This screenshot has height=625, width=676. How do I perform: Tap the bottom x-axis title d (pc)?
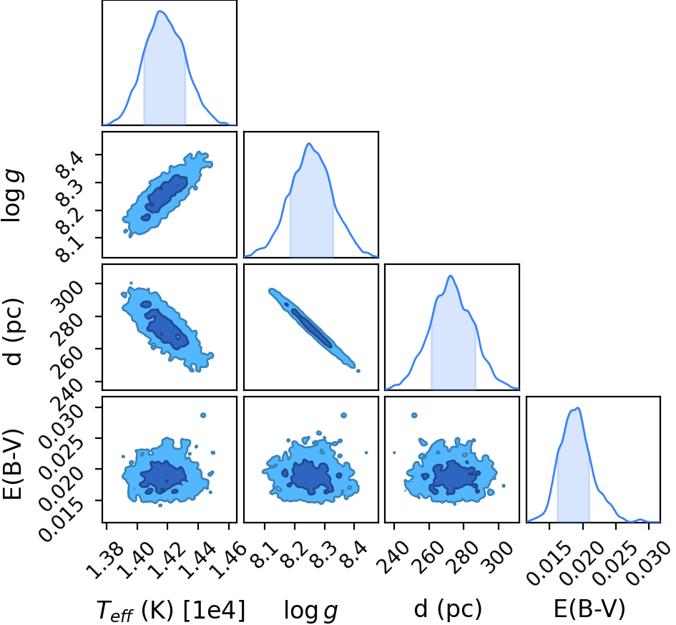click(448, 609)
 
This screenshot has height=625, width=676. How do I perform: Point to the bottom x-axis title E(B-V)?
click(589, 609)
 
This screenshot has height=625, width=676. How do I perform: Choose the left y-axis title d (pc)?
click(14, 331)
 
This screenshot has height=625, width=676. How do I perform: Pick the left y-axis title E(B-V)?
click(12, 464)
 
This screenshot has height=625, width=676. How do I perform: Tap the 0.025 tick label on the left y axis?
click(61, 455)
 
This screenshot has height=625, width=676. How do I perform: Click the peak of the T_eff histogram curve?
click(160, 11)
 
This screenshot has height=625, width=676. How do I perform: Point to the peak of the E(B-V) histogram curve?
click(577, 407)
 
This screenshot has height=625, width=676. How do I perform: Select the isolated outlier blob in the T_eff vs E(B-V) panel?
click(203, 415)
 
